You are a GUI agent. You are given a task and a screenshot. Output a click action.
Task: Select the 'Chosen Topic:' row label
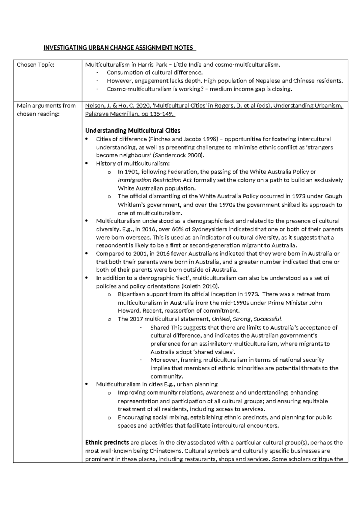coord(35,65)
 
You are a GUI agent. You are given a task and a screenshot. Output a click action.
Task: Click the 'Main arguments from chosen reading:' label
coord(46,110)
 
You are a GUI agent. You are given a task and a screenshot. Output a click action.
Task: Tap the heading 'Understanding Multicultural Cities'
coord(133,131)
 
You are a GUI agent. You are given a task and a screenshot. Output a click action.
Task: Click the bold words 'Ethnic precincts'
coord(107,442)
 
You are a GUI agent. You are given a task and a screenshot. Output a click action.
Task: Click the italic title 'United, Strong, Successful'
coord(247,319)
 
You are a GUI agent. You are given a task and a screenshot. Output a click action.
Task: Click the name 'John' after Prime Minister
coord(315,303)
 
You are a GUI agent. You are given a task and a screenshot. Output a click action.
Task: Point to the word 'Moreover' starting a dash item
coord(163,360)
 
